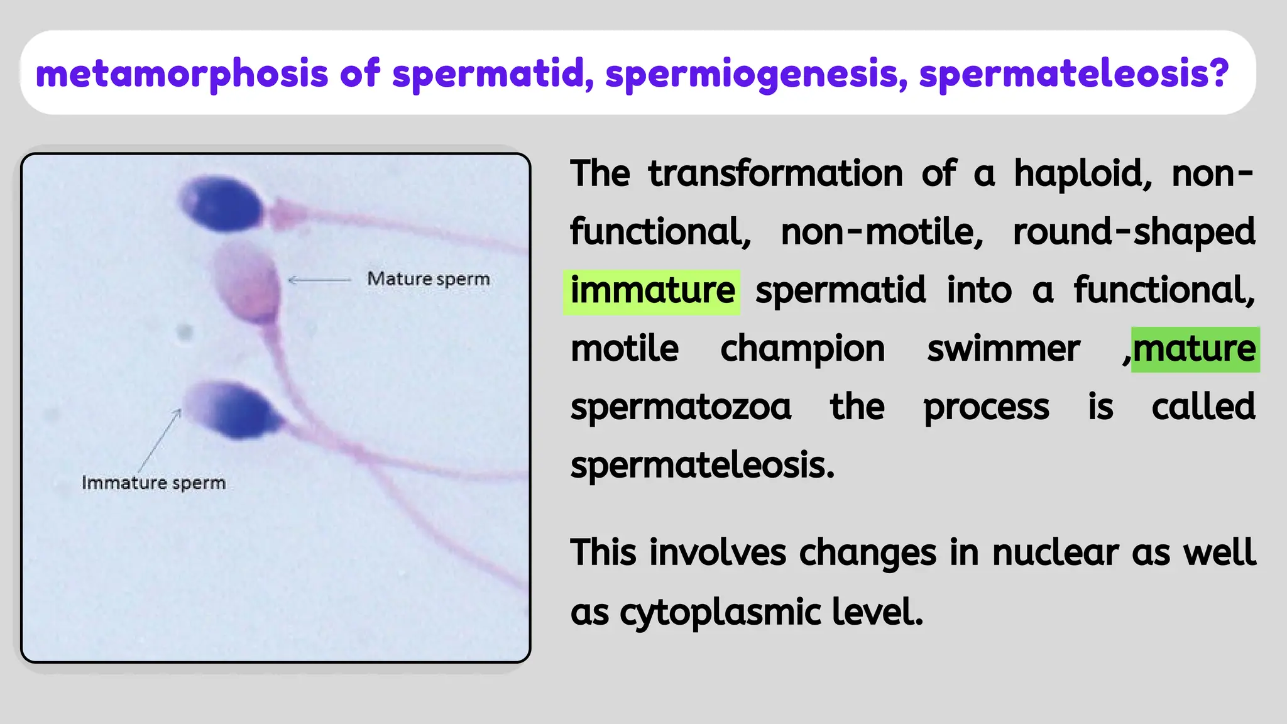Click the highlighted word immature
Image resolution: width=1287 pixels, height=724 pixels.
652,291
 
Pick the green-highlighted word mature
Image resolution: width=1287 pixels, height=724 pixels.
1195,349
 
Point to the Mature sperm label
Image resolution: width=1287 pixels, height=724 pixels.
428,279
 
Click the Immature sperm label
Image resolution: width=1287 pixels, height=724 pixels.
153,483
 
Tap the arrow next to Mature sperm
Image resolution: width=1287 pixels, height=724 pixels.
319,280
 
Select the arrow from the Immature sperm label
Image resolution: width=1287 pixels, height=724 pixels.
160,440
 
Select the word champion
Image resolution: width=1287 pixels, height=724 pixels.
802,349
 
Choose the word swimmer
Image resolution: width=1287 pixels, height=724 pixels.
1003,349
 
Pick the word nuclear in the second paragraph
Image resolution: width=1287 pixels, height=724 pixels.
1055,553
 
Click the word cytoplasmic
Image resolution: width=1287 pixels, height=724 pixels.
720,612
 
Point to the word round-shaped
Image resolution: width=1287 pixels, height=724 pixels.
1133,233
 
